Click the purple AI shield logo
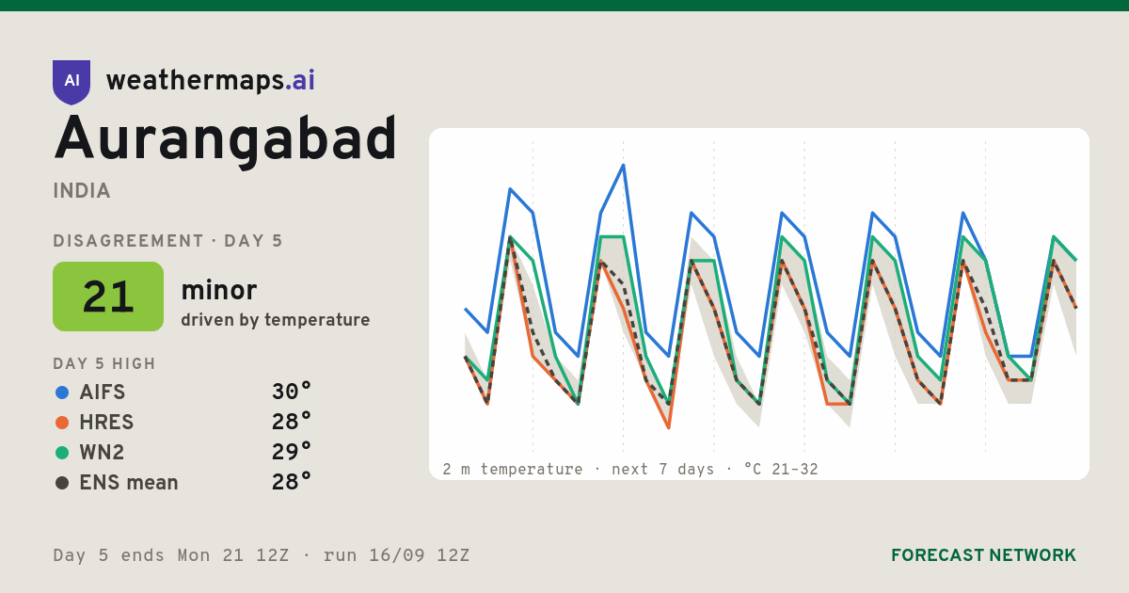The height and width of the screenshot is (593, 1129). click(72, 82)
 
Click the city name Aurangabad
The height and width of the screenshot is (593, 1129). click(225, 139)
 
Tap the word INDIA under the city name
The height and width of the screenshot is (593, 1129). click(82, 191)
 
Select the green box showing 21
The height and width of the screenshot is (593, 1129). click(108, 296)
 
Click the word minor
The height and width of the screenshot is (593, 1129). click(218, 291)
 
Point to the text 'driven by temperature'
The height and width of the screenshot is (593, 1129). click(275, 320)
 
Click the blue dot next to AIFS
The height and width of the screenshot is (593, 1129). click(62, 393)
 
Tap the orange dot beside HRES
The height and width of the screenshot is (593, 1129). click(62, 423)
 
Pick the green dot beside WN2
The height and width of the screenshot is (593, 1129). click(62, 453)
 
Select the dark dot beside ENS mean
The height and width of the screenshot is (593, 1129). click(62, 483)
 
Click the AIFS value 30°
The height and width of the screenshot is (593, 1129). click(292, 392)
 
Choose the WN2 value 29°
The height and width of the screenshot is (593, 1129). click(292, 452)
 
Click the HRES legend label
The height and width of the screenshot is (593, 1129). click(106, 423)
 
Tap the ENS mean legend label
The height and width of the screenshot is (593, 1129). click(129, 483)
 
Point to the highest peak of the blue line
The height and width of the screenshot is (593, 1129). click(624, 165)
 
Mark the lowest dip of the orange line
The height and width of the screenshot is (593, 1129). click(669, 427)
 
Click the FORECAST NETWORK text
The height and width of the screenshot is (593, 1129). click(983, 555)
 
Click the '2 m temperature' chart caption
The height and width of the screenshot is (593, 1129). click(513, 470)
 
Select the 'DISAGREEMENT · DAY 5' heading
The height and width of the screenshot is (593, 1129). click(167, 241)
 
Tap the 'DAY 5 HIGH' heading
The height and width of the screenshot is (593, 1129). click(104, 363)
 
